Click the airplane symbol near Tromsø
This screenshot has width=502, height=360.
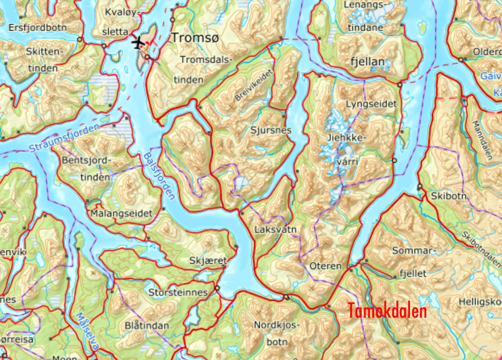(138, 42)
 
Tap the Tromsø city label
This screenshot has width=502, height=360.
(194, 38)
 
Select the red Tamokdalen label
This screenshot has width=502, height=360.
(387, 311)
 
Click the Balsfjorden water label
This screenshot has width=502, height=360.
(159, 176)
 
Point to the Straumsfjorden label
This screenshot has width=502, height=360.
(64, 138)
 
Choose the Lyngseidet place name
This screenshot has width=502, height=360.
(371, 104)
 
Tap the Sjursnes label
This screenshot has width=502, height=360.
(271, 130)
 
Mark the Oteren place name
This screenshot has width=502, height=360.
(326, 266)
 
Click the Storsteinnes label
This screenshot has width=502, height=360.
(178, 293)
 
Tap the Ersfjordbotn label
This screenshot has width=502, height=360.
(38, 28)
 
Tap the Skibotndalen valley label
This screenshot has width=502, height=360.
(482, 249)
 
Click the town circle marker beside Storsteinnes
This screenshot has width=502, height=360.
(217, 288)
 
